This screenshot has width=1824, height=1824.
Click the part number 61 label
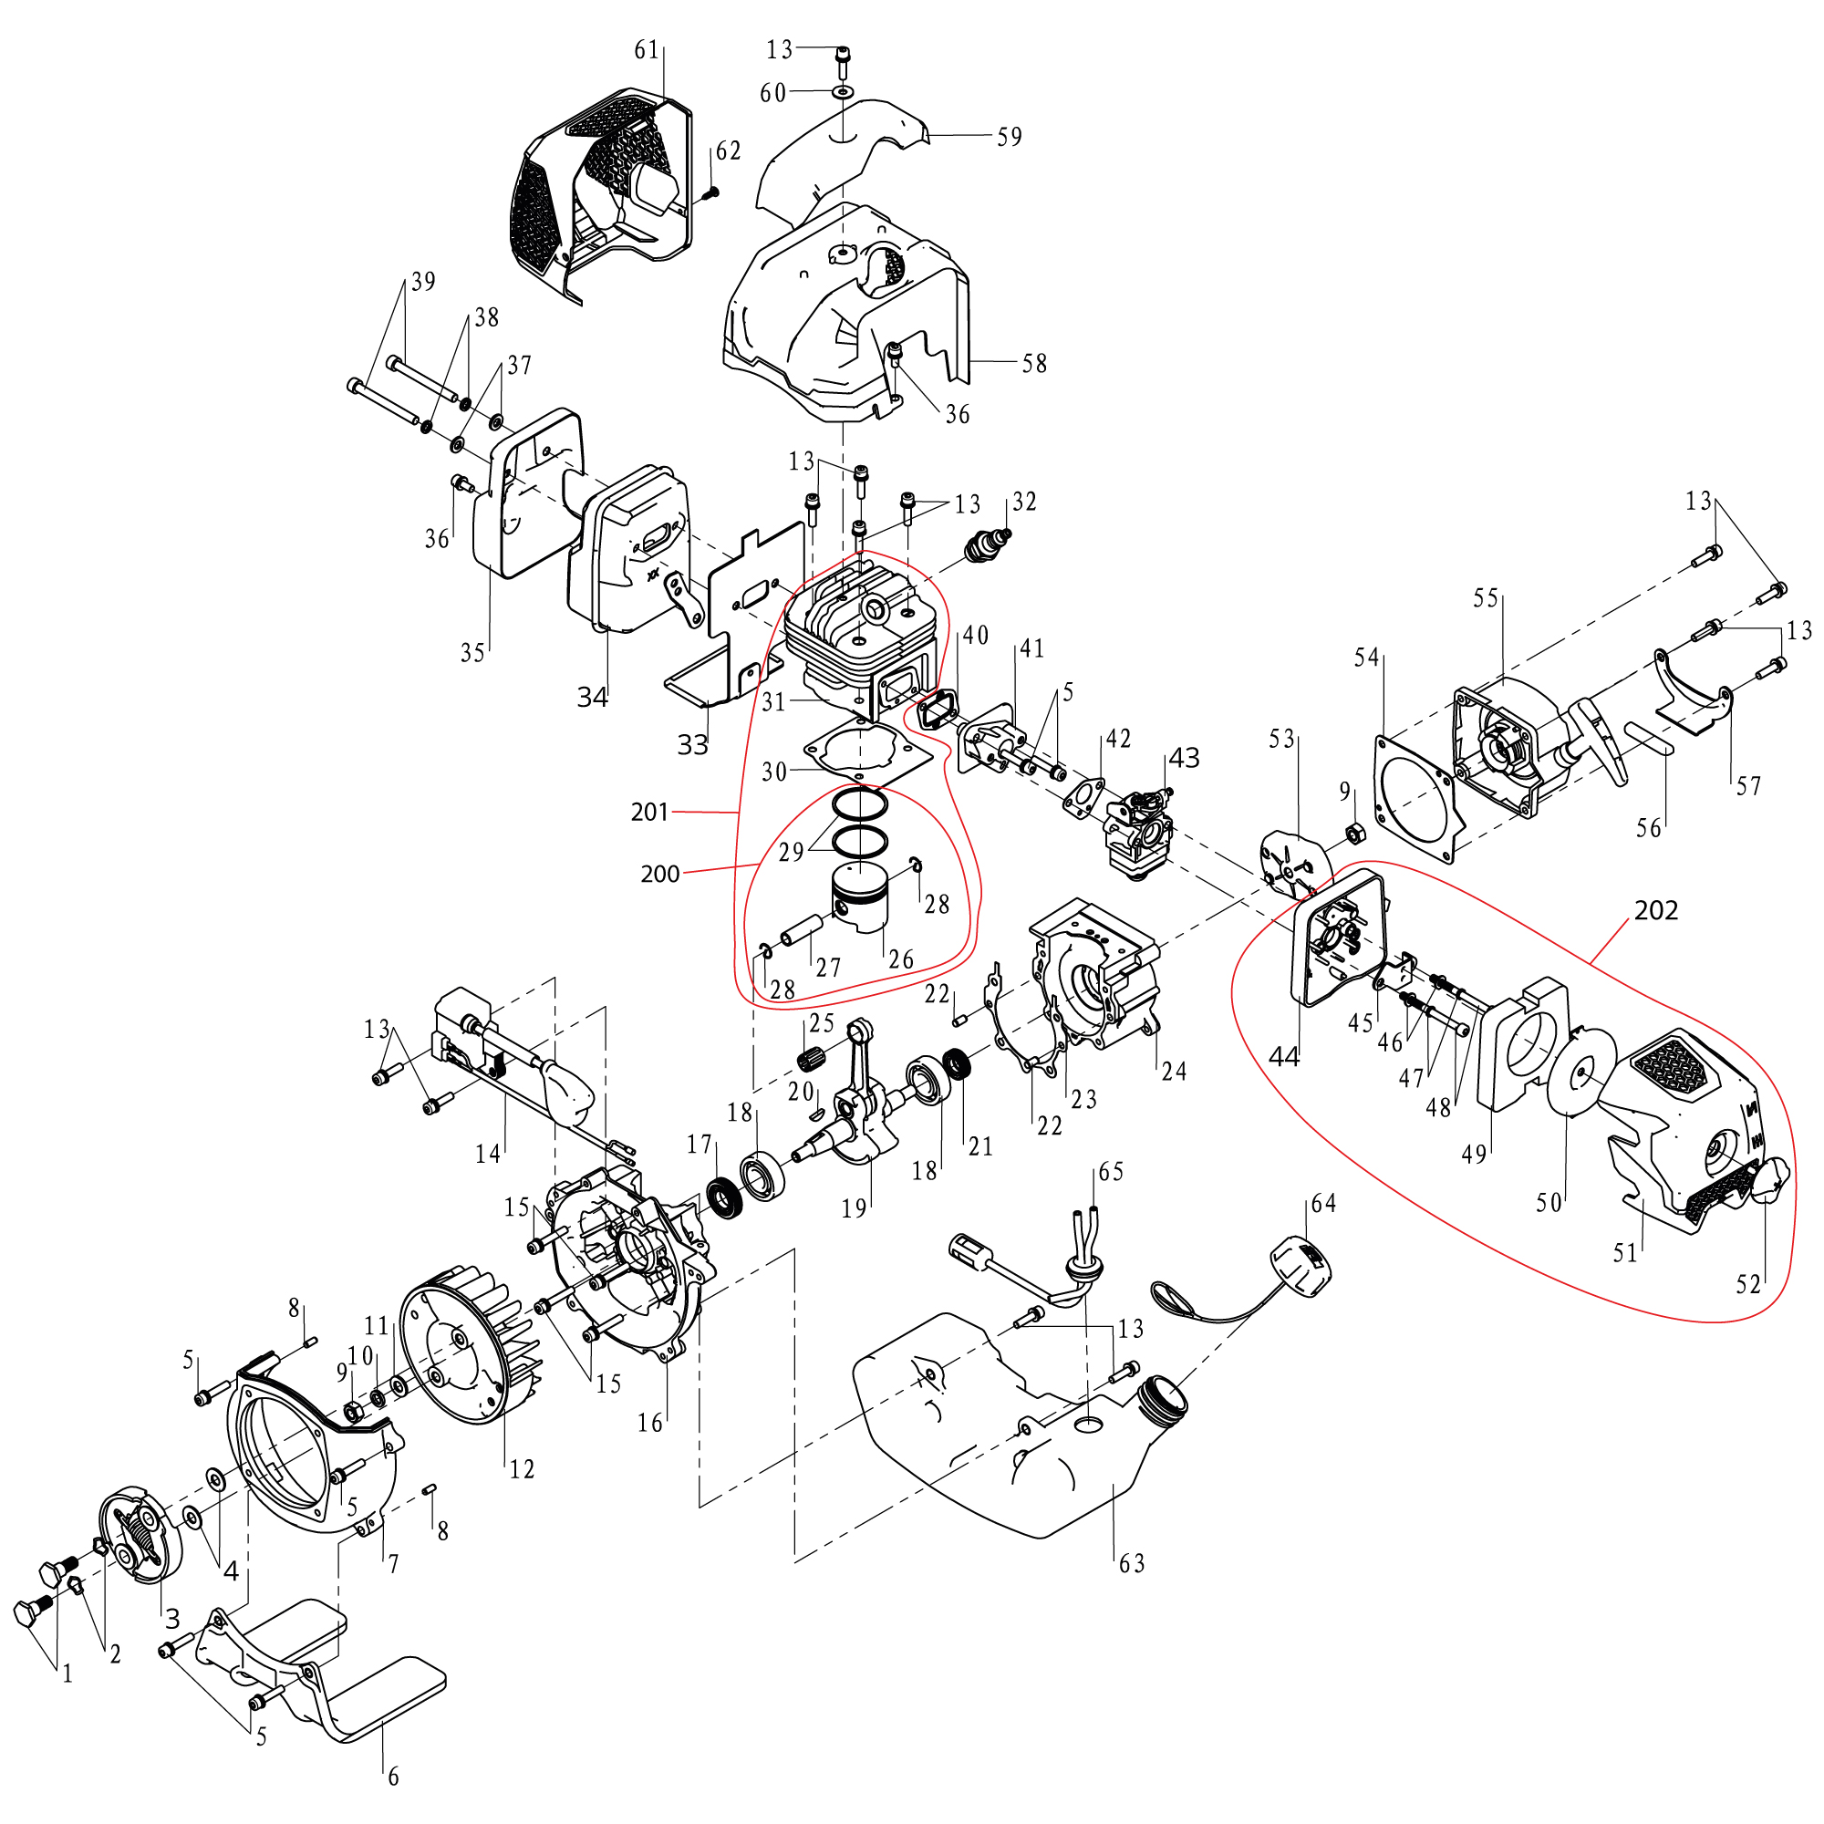pyautogui.click(x=647, y=50)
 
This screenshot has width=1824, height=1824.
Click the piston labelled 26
pyautogui.click(x=861, y=899)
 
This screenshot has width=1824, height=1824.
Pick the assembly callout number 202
pyautogui.click(x=1656, y=910)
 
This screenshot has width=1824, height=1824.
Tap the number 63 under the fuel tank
pyautogui.click(x=1132, y=1564)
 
